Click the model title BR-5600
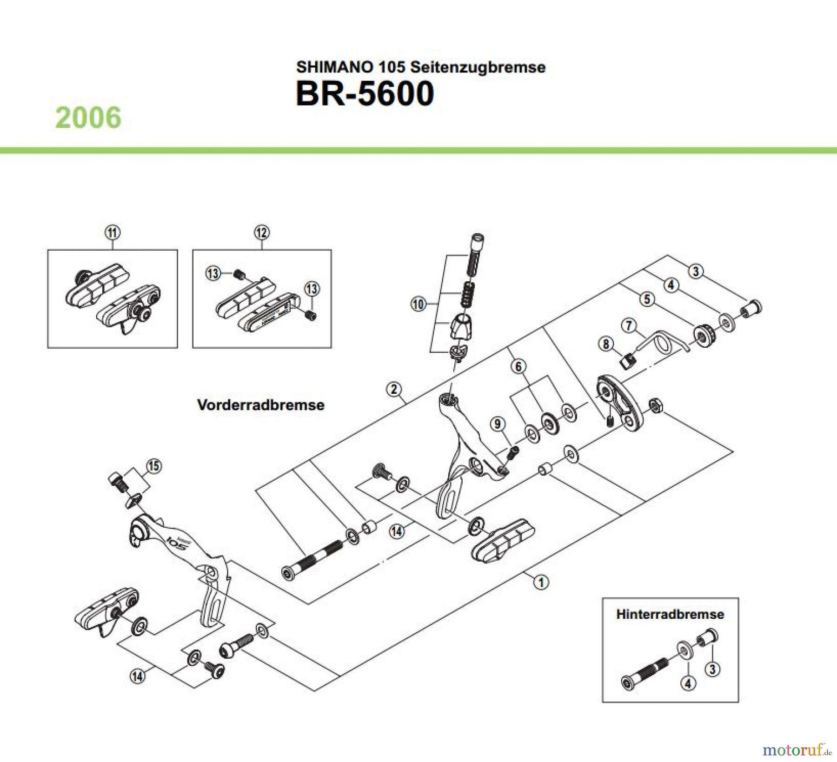365,94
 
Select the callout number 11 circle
113,232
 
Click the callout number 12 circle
262,232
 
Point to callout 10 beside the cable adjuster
418,305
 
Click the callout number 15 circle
154,466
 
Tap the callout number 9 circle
498,424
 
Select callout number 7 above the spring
629,325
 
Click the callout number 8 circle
606,344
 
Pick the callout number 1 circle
541,582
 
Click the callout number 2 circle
394,389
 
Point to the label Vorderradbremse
260,404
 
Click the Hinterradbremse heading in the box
670,614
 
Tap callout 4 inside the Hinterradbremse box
688,683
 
